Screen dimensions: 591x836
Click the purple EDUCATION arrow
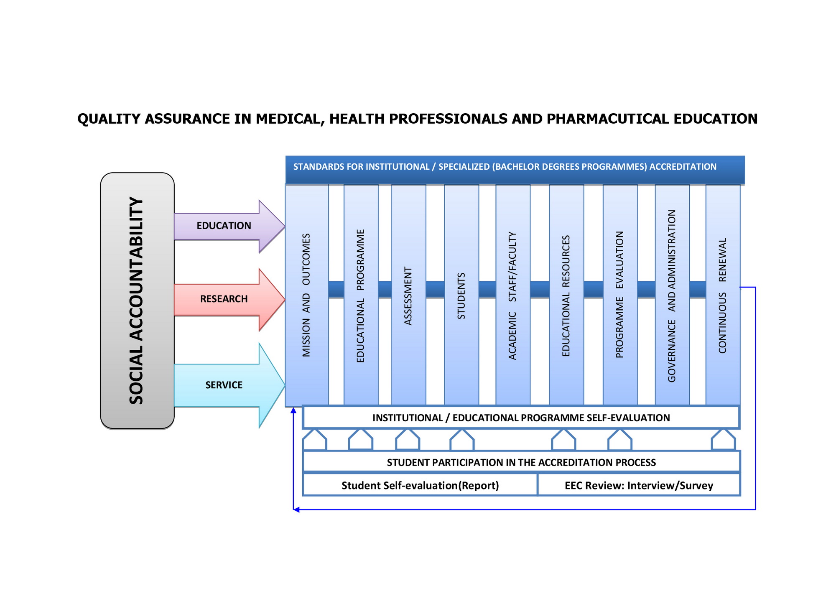[x=224, y=226]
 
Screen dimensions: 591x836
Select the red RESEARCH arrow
[x=224, y=299]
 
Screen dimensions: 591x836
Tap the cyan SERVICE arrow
[x=224, y=385]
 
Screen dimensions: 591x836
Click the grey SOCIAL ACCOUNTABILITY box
[x=137, y=301]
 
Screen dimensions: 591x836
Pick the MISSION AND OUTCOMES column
[x=306, y=295]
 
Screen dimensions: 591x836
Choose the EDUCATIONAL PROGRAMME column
[x=361, y=295]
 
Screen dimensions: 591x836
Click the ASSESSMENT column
[x=408, y=295]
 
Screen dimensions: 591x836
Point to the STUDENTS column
[x=461, y=295]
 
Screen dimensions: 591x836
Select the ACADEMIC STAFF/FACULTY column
[x=512, y=295]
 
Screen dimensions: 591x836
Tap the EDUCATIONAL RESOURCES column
[x=566, y=295]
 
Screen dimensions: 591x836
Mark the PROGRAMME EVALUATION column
[x=619, y=295]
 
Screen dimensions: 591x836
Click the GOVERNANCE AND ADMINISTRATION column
[x=672, y=295]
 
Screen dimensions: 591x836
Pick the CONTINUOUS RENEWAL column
[x=723, y=295]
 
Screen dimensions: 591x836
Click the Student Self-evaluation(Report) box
[x=420, y=485]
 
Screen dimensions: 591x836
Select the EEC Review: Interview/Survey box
[x=639, y=485]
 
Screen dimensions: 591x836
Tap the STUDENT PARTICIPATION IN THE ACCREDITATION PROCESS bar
[x=521, y=462]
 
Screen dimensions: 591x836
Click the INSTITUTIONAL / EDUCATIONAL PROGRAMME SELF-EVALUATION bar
[x=521, y=418]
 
